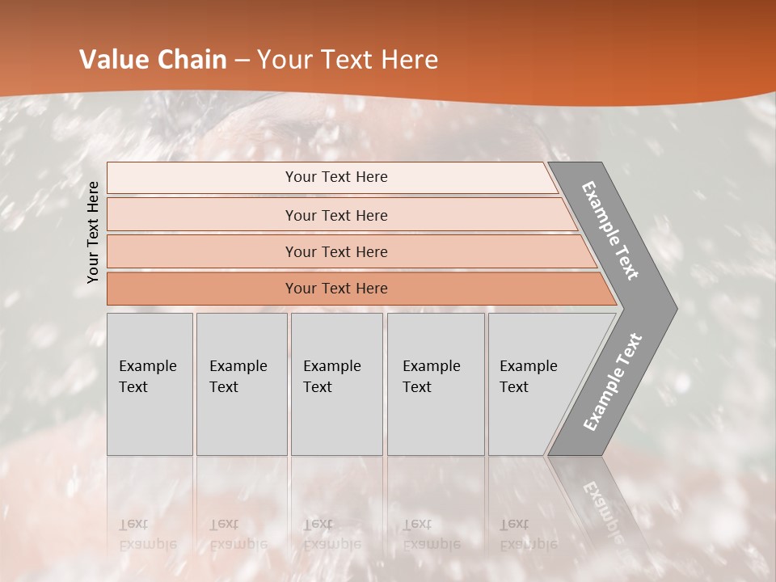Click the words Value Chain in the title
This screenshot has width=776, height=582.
tap(153, 60)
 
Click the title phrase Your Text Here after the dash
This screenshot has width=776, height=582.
tap(348, 60)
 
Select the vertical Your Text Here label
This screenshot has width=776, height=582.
tap(94, 232)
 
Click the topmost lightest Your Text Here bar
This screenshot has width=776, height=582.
tap(335, 177)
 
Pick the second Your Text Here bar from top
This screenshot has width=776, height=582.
tap(335, 215)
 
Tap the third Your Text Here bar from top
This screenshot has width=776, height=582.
tap(335, 251)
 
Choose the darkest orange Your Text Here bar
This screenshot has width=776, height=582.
tap(335, 289)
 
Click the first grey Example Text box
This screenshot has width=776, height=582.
tap(150, 384)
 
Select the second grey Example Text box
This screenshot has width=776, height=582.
tap(241, 384)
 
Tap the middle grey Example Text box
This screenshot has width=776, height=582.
tap(336, 384)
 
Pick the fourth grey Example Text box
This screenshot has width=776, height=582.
tap(435, 384)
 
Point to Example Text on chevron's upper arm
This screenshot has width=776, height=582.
tap(610, 230)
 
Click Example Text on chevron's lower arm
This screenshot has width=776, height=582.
tap(612, 382)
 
